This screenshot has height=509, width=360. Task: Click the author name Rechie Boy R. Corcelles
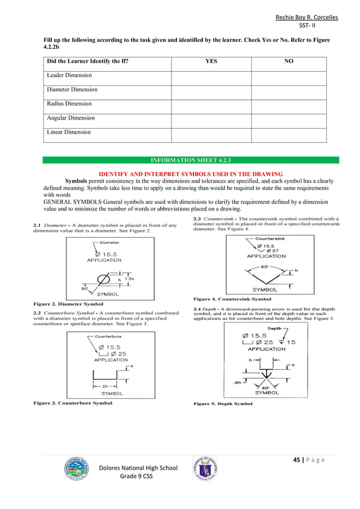(x=306, y=17)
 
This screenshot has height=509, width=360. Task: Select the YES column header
(x=210, y=61)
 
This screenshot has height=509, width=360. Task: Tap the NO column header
(x=288, y=61)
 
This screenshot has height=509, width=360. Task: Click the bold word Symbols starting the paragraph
(x=78, y=181)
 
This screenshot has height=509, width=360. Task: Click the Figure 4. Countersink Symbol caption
(x=232, y=299)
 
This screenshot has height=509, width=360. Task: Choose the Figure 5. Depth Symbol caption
(x=223, y=403)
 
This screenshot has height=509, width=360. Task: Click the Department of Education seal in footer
(x=206, y=468)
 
